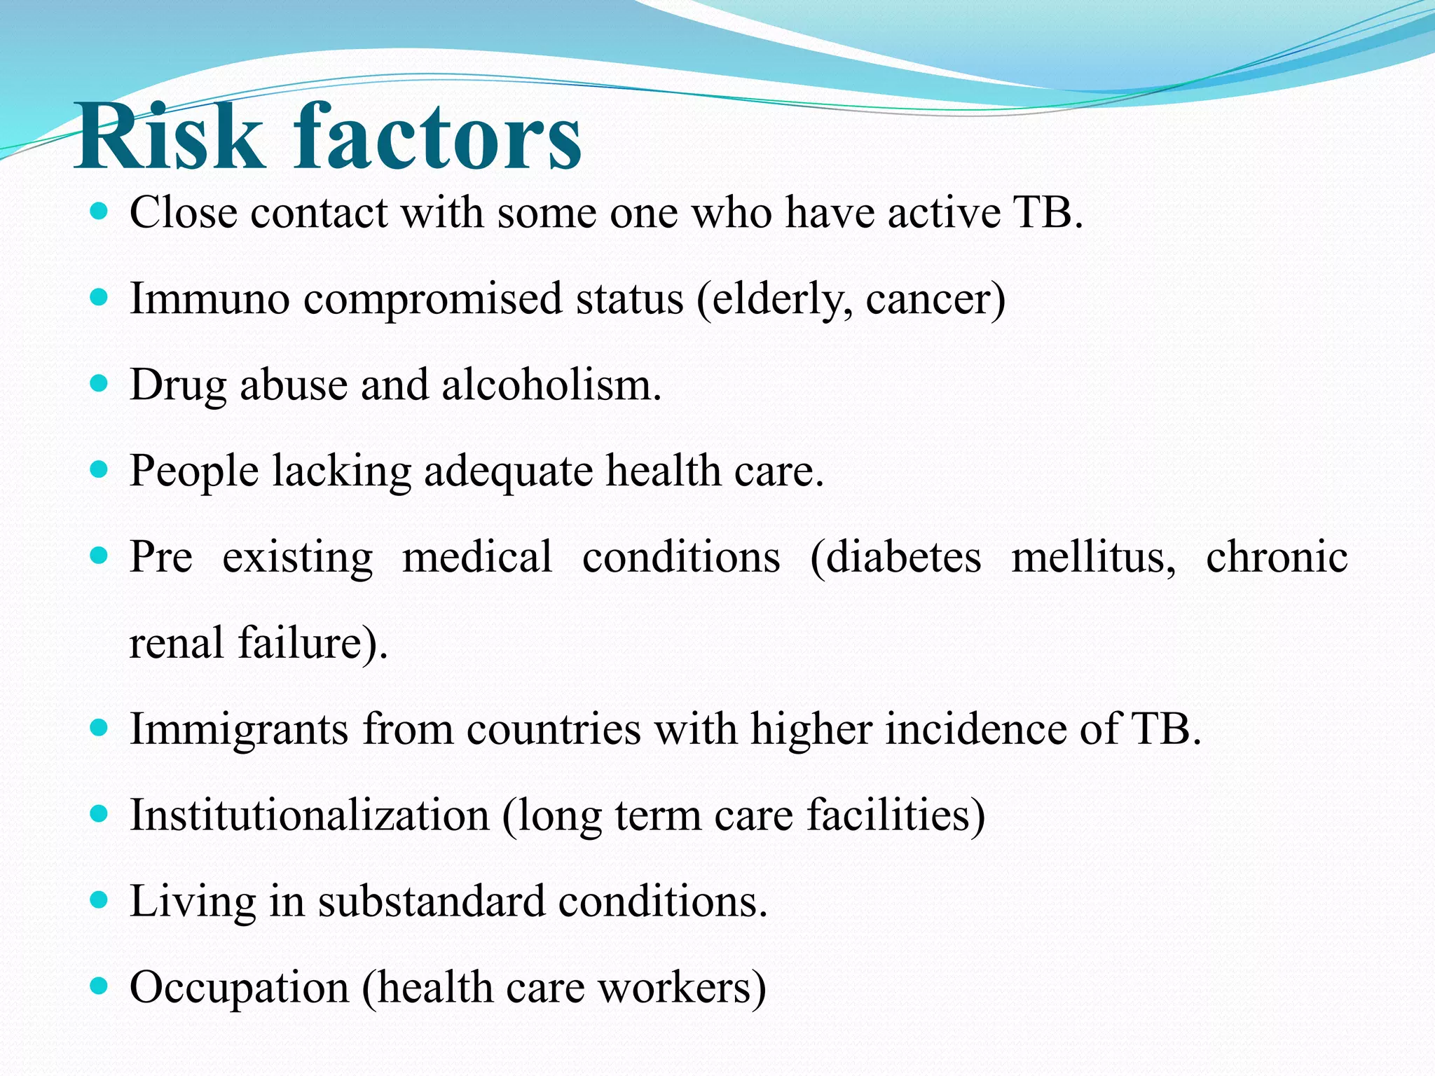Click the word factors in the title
point(437,136)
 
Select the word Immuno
point(210,298)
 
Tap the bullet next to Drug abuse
point(99,383)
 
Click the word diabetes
point(896,558)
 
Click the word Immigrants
point(239,729)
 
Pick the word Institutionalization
point(309,815)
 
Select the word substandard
point(432,901)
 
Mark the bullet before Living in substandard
point(99,899)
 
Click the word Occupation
point(239,988)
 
